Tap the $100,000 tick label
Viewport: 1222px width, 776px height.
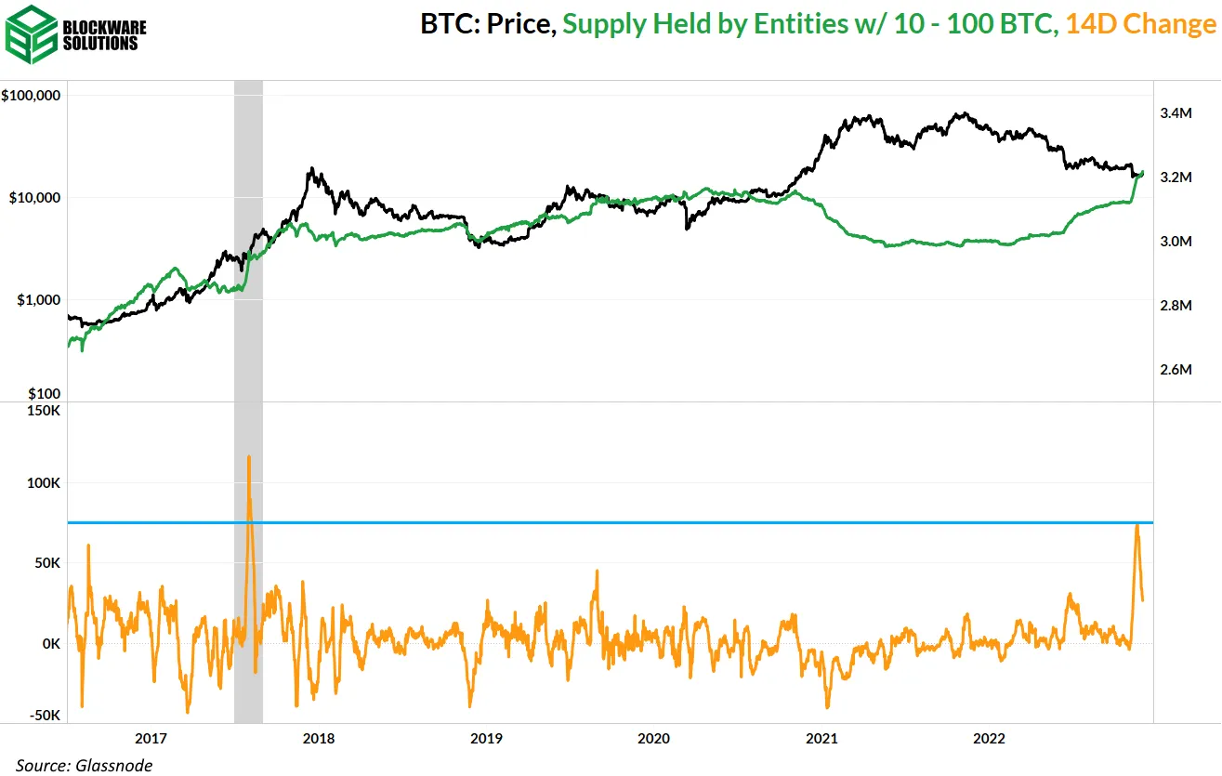(x=32, y=96)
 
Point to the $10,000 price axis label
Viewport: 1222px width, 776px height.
(x=35, y=198)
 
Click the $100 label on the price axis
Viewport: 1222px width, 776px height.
(x=43, y=394)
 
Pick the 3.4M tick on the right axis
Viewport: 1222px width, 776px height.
(x=1176, y=113)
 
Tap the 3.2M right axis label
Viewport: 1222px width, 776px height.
(x=1176, y=178)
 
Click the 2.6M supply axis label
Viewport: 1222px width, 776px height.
(x=1176, y=369)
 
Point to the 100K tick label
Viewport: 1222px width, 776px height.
(x=43, y=483)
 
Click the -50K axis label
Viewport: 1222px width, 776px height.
(x=43, y=715)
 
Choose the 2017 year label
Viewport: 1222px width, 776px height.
(x=151, y=739)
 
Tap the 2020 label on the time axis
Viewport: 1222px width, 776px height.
(x=653, y=739)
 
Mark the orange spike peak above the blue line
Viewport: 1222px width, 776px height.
(x=249, y=457)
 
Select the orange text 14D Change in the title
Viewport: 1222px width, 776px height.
(x=1139, y=24)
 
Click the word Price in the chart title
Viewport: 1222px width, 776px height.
(x=521, y=24)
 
